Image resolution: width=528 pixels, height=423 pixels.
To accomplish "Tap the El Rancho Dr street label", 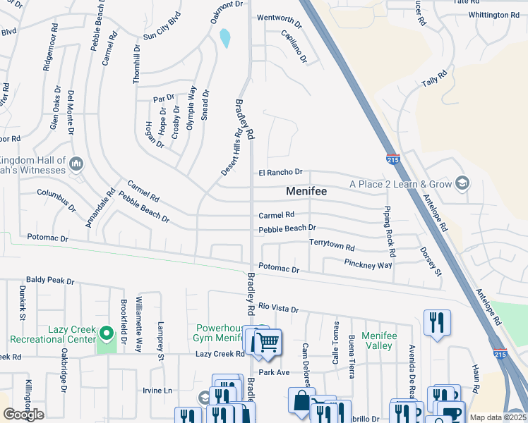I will pos(280,172).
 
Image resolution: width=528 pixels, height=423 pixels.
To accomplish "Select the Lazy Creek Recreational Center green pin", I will pos(106,332).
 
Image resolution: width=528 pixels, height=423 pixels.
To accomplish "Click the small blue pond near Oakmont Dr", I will pos(225,38).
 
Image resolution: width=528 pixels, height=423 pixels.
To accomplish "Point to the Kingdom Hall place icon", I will pos(77,164).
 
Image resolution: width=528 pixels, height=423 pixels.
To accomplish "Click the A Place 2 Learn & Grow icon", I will pos(462,183).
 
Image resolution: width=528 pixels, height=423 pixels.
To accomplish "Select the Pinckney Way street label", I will pos(368,265).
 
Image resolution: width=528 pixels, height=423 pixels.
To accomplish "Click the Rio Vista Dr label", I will pos(279,308).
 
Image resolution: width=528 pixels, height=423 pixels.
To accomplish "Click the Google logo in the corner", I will pos(23,415).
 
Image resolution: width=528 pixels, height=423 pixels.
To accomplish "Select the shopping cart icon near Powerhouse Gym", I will pos(266,343).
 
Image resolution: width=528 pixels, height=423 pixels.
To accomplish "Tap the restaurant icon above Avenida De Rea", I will pos(437,323).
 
